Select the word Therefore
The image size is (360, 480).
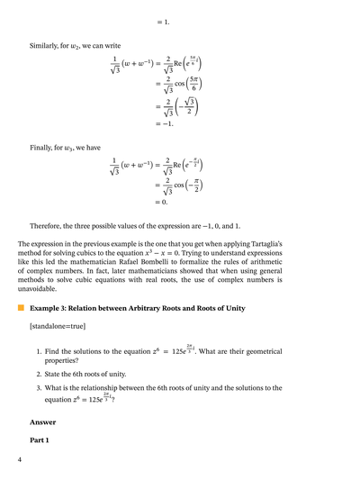coord(47,226)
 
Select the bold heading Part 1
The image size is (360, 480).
coord(40,440)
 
